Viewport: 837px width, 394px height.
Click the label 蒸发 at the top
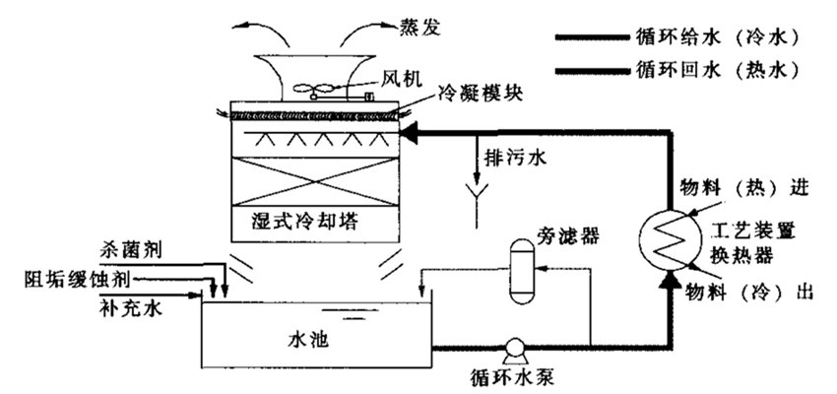click(x=395, y=22)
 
